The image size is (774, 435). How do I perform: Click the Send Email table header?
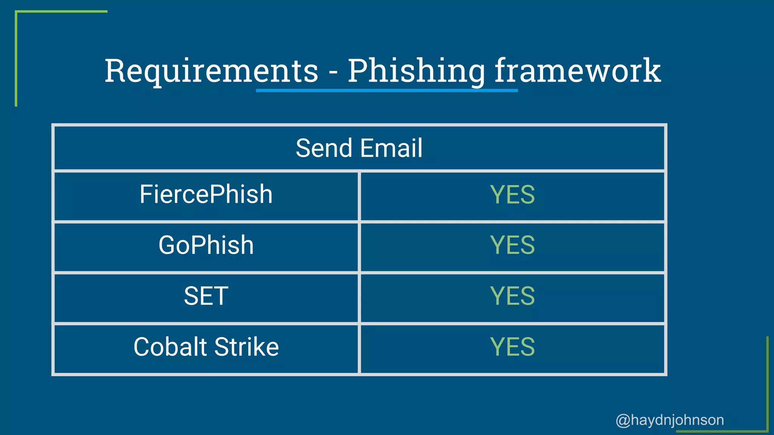pyautogui.click(x=359, y=148)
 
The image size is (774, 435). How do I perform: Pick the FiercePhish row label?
pyautogui.click(x=206, y=194)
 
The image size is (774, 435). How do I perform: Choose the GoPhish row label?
pyautogui.click(x=206, y=245)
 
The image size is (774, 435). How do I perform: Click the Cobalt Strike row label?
pyautogui.click(x=206, y=347)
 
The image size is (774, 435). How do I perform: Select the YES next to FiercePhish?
pyautogui.click(x=512, y=195)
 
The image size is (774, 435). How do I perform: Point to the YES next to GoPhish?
pyautogui.click(x=512, y=245)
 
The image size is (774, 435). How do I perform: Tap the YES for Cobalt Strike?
pyautogui.click(x=512, y=347)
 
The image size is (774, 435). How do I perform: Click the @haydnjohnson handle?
pyautogui.click(x=670, y=420)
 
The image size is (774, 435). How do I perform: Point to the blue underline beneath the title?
pyautogui.click(x=387, y=91)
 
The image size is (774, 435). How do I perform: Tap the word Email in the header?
pyautogui.click(x=391, y=148)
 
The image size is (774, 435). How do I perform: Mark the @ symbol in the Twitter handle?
pyautogui.click(x=623, y=420)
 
